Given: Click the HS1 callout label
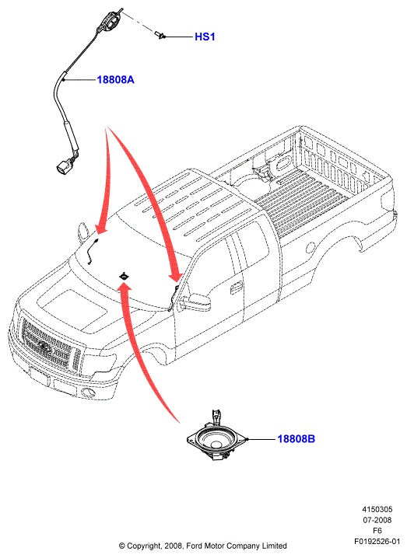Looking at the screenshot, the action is coord(205,37).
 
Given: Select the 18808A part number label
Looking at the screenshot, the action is coord(115,80).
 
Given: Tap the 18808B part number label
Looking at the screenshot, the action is coord(296,439).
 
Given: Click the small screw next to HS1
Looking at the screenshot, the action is coord(160,35).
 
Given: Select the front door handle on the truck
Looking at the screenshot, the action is coord(236,288).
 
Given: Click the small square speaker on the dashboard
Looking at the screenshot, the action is coord(124,276).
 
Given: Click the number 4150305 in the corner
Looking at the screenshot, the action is coord(377,510).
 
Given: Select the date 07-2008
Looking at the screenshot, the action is coord(377,520).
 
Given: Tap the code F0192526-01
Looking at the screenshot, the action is coord(377,541).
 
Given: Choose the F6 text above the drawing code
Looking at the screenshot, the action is coord(377,531).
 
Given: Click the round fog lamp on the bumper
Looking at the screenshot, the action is coord(88,392).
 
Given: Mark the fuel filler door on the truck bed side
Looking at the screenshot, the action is coord(311,248).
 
